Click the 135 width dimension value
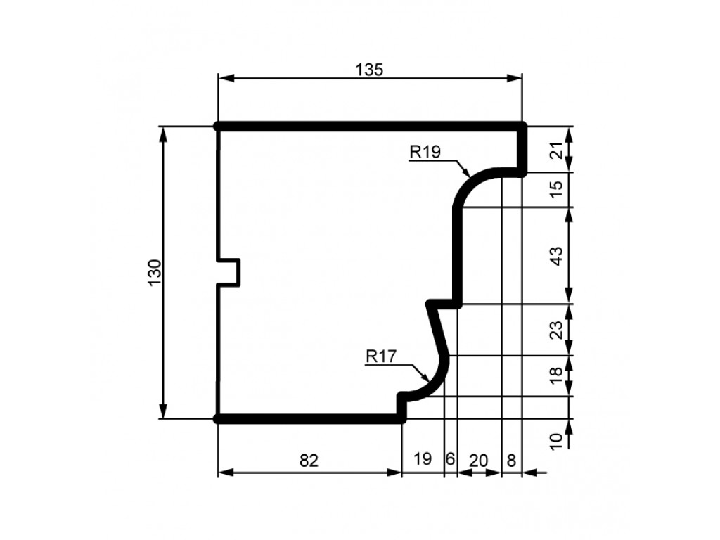(368, 70)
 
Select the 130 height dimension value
(155, 272)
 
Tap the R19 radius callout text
(425, 152)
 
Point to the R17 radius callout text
(381, 356)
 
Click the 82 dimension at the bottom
(309, 460)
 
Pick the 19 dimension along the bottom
(423, 458)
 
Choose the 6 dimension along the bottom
(450, 458)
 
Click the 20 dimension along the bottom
(478, 460)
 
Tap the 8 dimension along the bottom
(512, 460)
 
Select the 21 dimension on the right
(556, 150)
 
